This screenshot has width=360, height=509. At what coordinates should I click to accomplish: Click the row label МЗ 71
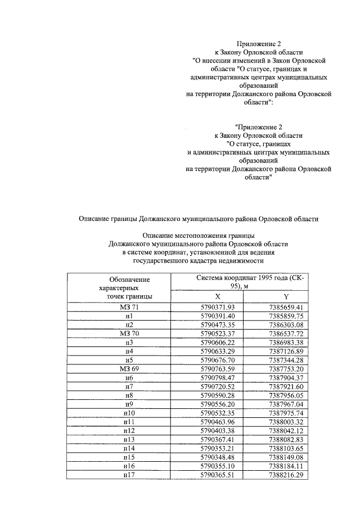coord(129,307)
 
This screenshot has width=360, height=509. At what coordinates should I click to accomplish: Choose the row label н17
coord(129,475)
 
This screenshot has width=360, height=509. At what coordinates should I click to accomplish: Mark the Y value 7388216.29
coord(286,475)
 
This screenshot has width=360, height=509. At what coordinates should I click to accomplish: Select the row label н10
coord(129,412)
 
